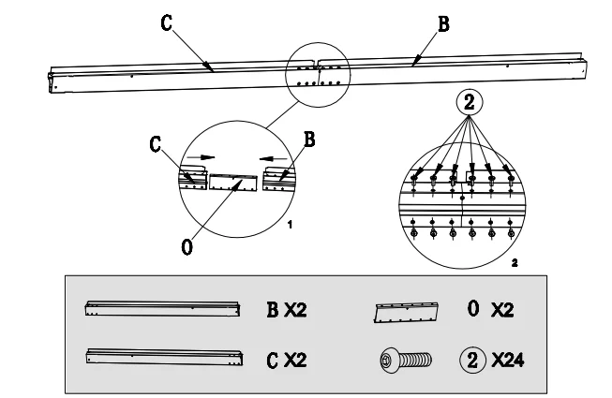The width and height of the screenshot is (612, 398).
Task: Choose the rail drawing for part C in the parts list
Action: tap(164, 357)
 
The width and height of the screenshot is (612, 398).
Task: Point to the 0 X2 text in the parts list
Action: tap(489, 310)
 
